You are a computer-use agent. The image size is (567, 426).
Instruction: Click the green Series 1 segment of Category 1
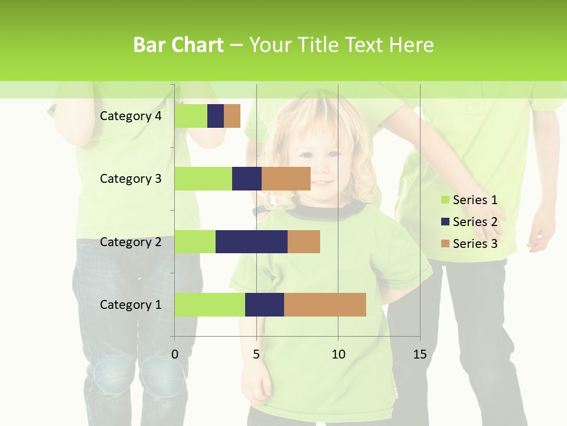tap(210, 304)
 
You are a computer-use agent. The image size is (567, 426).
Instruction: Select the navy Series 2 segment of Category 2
tap(252, 241)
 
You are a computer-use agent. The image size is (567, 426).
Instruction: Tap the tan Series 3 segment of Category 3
tap(286, 179)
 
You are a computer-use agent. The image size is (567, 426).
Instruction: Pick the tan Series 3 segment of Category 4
tap(232, 116)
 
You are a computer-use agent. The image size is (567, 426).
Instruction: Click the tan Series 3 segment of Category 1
tap(325, 304)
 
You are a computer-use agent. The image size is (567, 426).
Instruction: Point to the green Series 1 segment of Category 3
tap(203, 179)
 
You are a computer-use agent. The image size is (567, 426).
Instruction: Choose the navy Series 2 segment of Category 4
tap(216, 116)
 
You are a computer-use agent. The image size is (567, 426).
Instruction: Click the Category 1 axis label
tap(131, 305)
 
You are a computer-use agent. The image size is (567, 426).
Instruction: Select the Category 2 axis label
tap(131, 242)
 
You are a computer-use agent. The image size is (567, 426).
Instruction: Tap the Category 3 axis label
tap(131, 179)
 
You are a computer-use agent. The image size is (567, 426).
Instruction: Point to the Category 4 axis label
tap(131, 116)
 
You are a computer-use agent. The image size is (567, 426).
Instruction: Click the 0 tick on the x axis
tap(175, 354)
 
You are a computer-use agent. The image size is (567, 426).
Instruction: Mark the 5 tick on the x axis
tap(256, 354)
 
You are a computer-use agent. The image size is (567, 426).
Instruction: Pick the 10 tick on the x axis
tap(338, 354)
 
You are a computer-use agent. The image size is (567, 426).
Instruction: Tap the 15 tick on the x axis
tap(420, 354)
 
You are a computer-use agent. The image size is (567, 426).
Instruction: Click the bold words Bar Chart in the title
tap(178, 45)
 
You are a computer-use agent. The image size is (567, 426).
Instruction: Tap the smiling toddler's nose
tap(320, 166)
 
